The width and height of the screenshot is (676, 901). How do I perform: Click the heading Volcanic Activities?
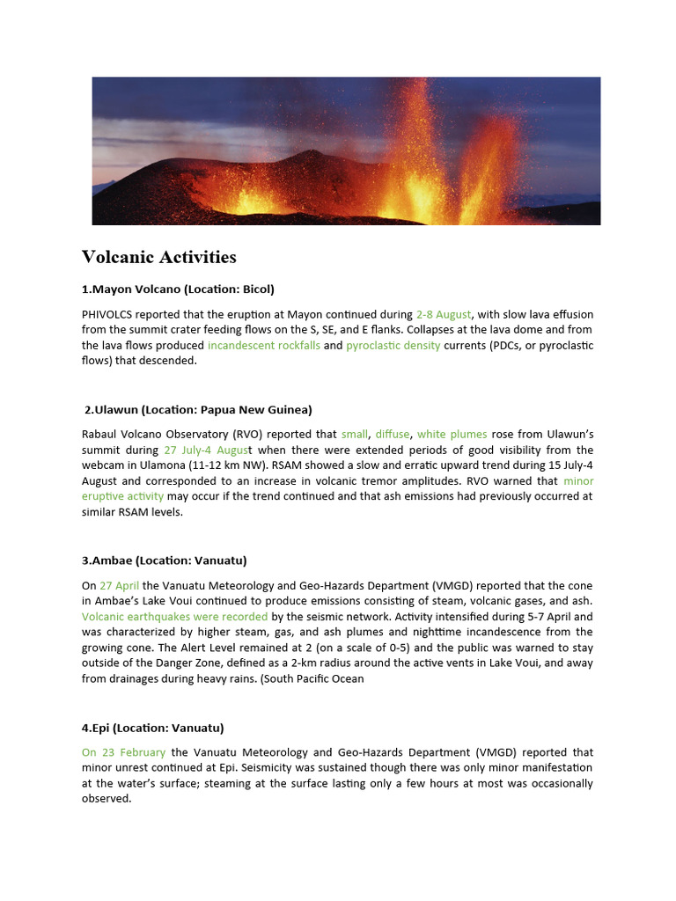pos(159,257)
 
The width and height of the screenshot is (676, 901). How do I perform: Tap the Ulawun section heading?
pos(199,409)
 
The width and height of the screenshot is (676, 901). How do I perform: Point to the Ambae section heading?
pos(165,560)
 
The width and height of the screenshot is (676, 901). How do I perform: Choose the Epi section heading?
pos(153,728)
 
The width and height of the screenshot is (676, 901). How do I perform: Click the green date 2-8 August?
pos(444,314)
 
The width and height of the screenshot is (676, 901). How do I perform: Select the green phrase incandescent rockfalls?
pos(264,346)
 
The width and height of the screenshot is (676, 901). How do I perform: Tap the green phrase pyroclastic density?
pos(393,346)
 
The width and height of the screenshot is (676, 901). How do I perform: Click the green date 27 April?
pos(119,585)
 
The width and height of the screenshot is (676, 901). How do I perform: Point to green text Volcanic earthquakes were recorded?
pos(174,617)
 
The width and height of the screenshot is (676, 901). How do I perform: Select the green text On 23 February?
pos(123,752)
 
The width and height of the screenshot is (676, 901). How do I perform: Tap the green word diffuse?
pos(393,434)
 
